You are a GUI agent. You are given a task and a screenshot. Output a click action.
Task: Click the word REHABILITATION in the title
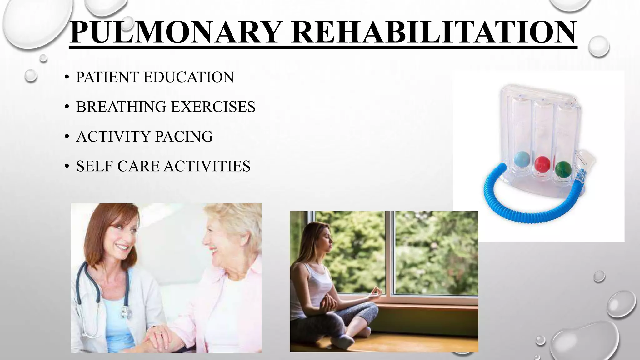click(x=433, y=32)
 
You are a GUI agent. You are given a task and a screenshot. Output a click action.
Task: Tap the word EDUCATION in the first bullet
click(x=188, y=77)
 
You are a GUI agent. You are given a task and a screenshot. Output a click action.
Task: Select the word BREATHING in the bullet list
click(x=121, y=107)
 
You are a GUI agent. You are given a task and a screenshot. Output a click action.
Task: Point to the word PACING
click(x=184, y=137)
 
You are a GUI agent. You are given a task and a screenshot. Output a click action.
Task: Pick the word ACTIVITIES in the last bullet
click(x=207, y=166)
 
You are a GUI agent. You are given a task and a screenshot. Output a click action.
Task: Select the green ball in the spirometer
click(x=563, y=169)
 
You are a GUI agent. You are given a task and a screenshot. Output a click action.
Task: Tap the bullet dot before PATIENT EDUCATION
click(x=67, y=78)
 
